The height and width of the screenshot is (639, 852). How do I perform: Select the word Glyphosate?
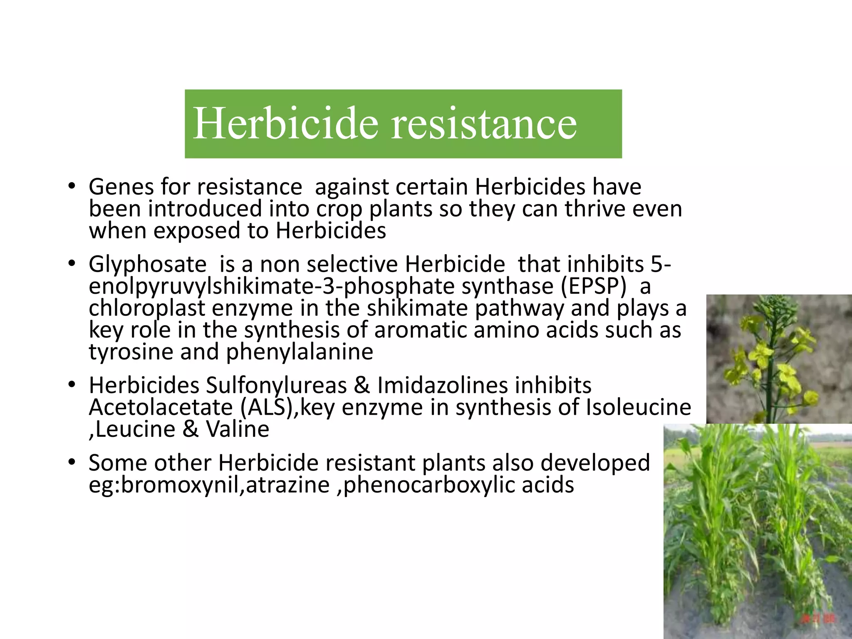tap(147, 265)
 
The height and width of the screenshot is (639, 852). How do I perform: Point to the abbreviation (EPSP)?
tap(593, 286)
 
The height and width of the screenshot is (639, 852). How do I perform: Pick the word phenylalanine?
tap(300, 352)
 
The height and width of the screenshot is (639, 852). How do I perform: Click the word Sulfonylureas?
tap(276, 386)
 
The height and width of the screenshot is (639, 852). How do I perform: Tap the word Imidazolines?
tap(442, 386)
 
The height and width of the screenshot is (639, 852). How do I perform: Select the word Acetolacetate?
tap(161, 407)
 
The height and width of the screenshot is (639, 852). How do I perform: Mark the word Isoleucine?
tap(638, 407)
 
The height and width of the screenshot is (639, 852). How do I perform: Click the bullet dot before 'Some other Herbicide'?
tap(72, 462)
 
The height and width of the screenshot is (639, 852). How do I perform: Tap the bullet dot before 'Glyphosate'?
tap(72, 264)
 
